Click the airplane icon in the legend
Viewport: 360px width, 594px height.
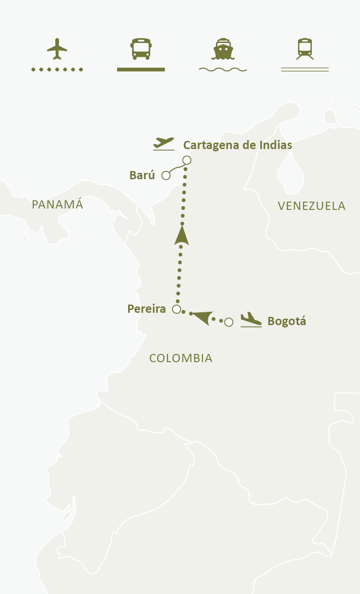pos(57,49)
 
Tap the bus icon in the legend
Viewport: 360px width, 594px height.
pos(141,49)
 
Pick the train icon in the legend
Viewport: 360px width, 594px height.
pos(305,49)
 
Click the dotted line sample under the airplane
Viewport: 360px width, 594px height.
pos(57,70)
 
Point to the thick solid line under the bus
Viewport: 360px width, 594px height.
pos(141,70)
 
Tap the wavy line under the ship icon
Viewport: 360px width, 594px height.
pos(223,70)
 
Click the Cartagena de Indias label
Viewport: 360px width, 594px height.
pos(237,145)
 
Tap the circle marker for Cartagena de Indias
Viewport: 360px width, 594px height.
pos(187,160)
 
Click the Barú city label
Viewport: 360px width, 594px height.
pos(142,175)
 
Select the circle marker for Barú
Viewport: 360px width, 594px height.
pos(166,175)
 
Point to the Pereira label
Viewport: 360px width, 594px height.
pos(146,309)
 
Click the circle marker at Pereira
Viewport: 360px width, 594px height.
pos(177,309)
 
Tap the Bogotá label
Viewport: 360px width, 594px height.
pos(286,321)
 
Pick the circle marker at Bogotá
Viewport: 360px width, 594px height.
pos(229,322)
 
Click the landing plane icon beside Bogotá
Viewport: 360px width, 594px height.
pos(251,319)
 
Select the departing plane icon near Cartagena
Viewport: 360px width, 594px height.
pos(164,143)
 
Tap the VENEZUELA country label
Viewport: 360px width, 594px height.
pos(312,206)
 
